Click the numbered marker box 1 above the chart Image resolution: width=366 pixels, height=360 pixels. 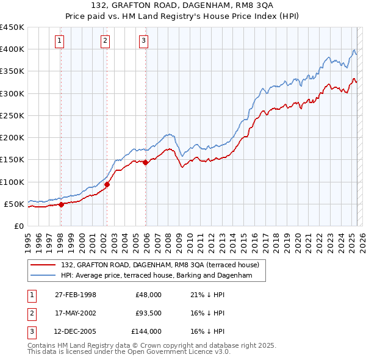[x=60, y=41]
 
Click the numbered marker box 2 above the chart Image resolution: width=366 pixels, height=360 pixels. [x=105, y=41]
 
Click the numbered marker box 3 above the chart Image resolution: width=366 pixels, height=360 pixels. [x=143, y=41]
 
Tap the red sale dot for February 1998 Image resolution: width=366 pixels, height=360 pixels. [x=61, y=204]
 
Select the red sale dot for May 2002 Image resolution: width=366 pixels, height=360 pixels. [x=107, y=184]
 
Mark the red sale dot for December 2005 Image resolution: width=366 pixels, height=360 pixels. [x=145, y=162]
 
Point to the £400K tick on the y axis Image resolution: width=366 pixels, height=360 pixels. [x=12, y=49]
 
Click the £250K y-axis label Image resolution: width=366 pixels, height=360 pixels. [x=12, y=115]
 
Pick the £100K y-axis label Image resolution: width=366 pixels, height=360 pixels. [x=12, y=182]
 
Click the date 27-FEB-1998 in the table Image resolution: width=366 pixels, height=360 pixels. [x=76, y=295]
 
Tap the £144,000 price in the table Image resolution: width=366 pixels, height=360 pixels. [x=146, y=331]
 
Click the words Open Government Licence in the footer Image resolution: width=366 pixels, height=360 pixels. [x=174, y=352]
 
